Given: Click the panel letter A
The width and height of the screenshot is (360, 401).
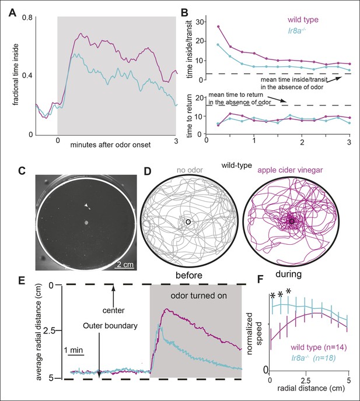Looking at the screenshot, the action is pyautogui.click(x=12, y=13).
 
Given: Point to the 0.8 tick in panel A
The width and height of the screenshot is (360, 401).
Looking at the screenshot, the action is pyautogui.click(x=27, y=17).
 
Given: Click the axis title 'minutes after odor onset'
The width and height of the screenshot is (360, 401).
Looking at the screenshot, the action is pyautogui.click(x=110, y=145).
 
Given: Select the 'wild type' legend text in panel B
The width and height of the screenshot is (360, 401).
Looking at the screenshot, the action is pyautogui.click(x=303, y=19).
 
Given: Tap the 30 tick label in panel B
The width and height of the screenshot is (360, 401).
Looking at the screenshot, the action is pyautogui.click(x=201, y=22).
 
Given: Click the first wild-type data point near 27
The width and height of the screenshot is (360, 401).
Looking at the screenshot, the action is pyautogui.click(x=218, y=26).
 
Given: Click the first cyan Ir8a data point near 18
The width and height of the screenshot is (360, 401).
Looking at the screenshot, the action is pyautogui.click(x=218, y=44).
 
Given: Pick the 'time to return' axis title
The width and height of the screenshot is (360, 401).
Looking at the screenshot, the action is pyautogui.click(x=190, y=115).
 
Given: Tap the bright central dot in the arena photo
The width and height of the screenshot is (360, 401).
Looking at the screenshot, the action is pyautogui.click(x=86, y=223).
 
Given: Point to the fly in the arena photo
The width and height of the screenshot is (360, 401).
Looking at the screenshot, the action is pyautogui.click(x=88, y=206).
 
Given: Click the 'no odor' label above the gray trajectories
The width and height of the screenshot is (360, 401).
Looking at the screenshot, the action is pyautogui.click(x=190, y=170).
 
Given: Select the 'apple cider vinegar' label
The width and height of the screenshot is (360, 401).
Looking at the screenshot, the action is pyautogui.click(x=290, y=170).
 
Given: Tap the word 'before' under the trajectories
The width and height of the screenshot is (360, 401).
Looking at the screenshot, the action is pyautogui.click(x=189, y=275).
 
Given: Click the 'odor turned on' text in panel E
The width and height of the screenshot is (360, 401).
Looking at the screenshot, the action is pyautogui.click(x=199, y=296).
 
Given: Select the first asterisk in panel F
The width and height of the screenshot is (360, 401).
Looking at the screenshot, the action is pyautogui.click(x=272, y=296).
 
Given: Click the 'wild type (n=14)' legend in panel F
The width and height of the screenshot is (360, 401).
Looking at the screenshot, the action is pyautogui.click(x=318, y=347).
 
